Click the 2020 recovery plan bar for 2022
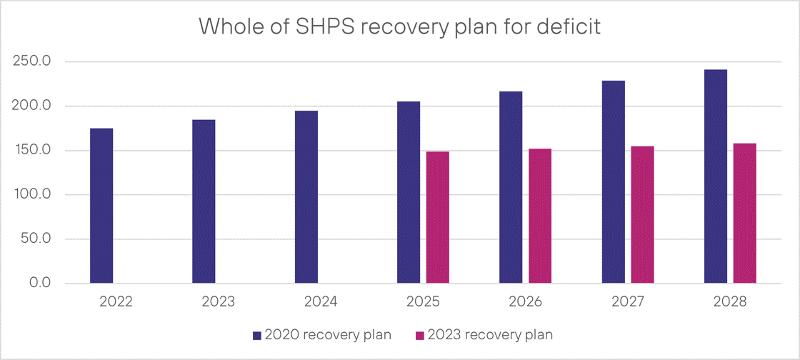pos(101,206)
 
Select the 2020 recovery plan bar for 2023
pos(204,201)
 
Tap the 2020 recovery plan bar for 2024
pos(306,197)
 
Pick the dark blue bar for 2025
pos(409,192)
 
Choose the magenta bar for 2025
pos(438,217)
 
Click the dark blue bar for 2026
pos(511,187)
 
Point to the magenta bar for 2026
pos(540,216)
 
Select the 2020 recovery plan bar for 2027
pos(614,182)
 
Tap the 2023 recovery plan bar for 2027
pos(643,215)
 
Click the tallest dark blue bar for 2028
pos(716,176)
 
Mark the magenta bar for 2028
pos(745,214)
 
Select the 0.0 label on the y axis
pos(35,284)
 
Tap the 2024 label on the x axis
pos(321,302)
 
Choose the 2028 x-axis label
pos(730,302)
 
